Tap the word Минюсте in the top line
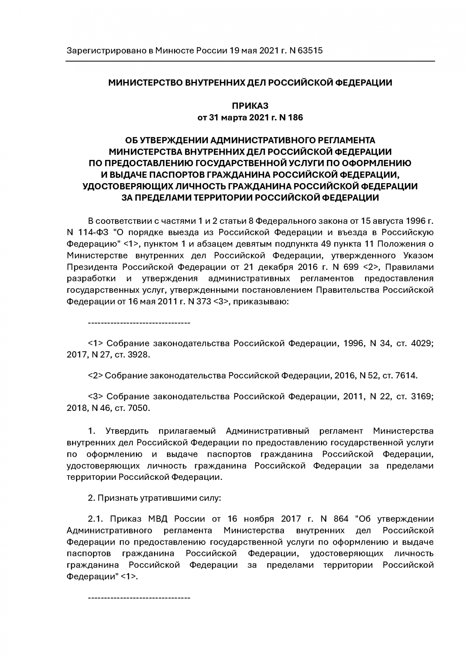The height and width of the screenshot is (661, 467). pos(175,51)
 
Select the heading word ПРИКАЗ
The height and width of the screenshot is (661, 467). pos(250,106)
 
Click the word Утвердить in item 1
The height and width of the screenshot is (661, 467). pos(127,431)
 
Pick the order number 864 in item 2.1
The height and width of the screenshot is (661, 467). pos(341,519)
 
